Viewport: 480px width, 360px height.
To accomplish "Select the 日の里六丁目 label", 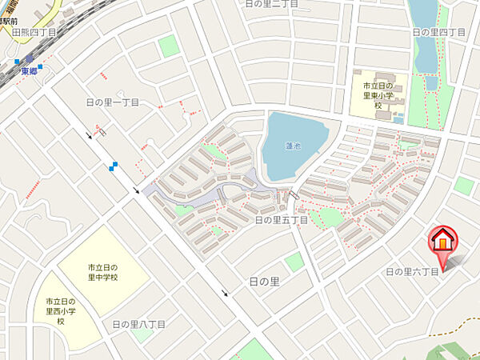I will (413, 272).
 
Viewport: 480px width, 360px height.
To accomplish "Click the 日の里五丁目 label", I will (281, 218).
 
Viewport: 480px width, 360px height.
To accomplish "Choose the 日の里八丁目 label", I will (138, 324).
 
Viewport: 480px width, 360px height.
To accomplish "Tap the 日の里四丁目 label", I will (438, 32).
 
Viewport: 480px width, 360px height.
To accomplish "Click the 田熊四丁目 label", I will (34, 33).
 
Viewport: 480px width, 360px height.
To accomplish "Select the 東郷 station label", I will (30, 70).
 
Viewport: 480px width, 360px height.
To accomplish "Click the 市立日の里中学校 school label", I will (103, 272).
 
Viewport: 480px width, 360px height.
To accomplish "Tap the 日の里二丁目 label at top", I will (271, 4).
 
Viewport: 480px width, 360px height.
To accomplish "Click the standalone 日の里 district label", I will (264, 282).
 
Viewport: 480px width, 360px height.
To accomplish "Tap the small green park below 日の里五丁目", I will (294, 262).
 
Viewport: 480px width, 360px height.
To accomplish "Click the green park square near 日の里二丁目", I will (168, 46).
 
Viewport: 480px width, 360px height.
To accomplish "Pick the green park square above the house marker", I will (463, 185).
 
